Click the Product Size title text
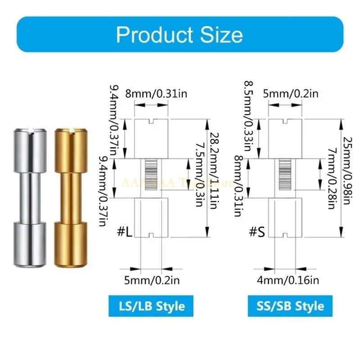click(x=180, y=34)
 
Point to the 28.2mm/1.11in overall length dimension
click(x=215, y=178)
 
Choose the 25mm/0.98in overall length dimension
click(x=349, y=178)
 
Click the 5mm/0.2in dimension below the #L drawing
click(x=151, y=280)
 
